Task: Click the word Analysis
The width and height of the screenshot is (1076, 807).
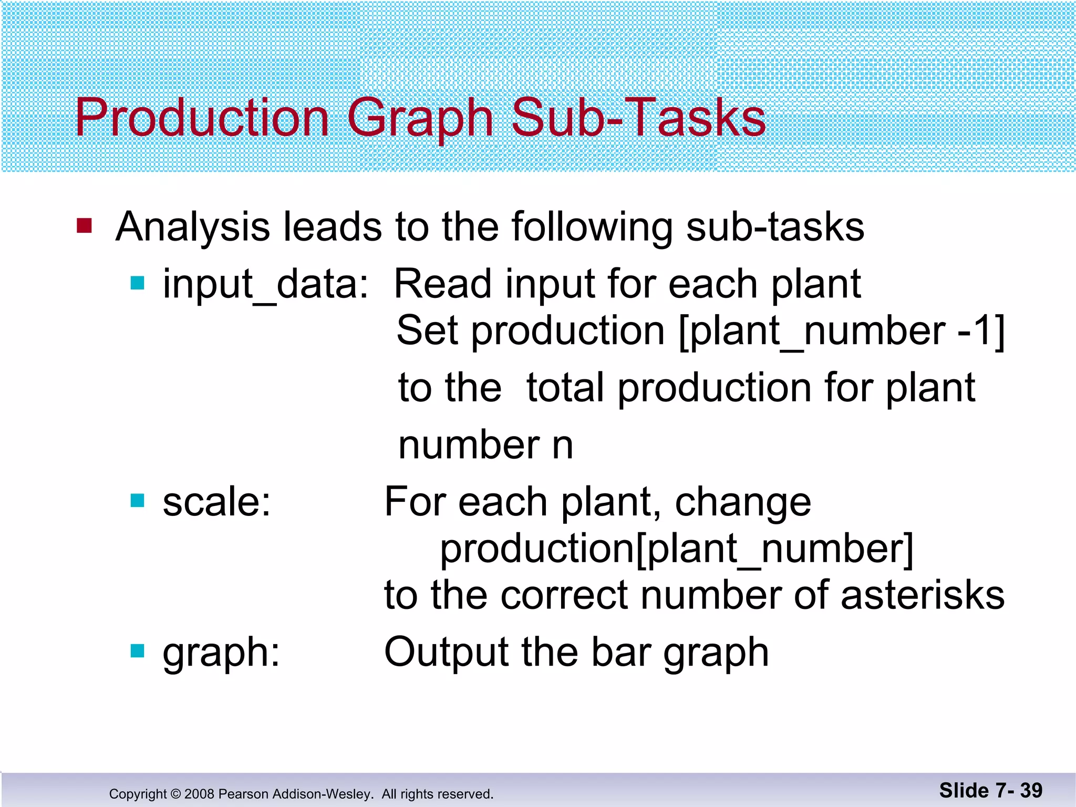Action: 192,227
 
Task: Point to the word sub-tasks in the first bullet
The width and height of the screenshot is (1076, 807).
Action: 775,227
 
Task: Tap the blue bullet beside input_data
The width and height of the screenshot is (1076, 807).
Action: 137,284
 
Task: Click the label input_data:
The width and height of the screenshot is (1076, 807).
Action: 265,285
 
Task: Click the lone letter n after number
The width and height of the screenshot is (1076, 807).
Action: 563,446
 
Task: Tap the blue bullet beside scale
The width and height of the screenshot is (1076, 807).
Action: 137,501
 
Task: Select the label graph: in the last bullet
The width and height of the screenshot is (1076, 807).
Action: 221,653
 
